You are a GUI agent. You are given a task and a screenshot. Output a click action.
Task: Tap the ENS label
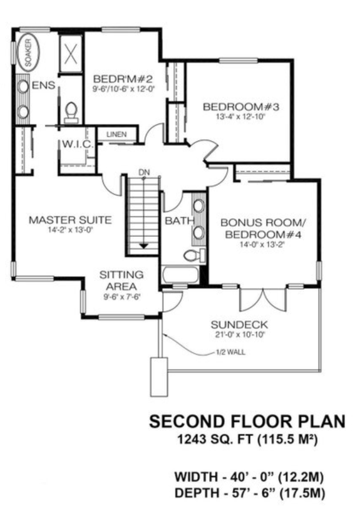(43, 85)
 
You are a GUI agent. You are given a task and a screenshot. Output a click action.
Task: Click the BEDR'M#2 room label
(123, 80)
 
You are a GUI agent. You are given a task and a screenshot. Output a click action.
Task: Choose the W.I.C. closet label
(77, 145)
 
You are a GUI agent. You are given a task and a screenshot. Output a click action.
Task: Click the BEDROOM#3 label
(240, 106)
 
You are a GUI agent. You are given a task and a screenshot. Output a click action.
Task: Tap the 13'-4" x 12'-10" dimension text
(240, 117)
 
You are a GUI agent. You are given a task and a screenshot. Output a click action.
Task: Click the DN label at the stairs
(144, 172)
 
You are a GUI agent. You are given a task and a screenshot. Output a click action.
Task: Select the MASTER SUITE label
(71, 220)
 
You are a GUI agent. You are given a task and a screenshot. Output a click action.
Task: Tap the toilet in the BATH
(193, 255)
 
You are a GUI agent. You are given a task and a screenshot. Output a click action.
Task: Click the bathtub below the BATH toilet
(180, 275)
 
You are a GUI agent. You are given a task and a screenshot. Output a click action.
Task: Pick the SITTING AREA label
(122, 280)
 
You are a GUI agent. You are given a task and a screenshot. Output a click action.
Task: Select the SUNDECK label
(240, 325)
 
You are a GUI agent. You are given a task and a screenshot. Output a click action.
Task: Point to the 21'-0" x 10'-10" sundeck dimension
(240, 336)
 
